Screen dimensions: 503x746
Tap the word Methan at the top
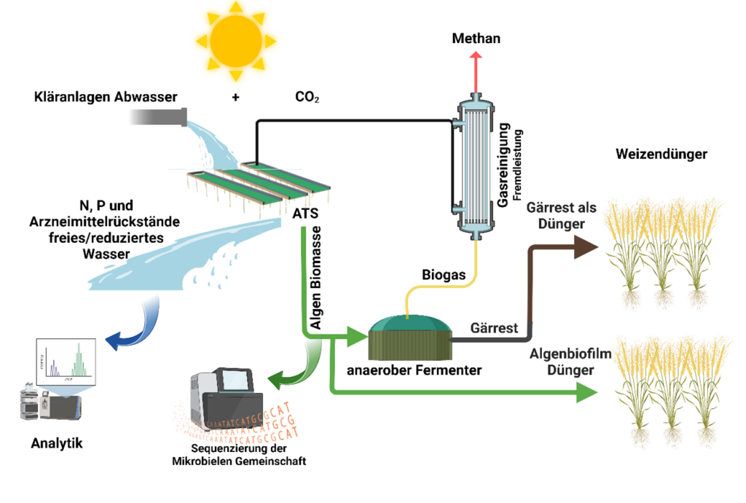pos(476,38)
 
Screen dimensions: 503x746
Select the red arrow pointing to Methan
pos(476,73)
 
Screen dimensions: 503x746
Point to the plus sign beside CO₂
pos(236,97)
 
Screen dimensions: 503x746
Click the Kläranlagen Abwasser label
pos(105,97)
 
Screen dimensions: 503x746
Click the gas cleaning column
pos(476,167)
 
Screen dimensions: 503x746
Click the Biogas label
pos(444,275)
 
